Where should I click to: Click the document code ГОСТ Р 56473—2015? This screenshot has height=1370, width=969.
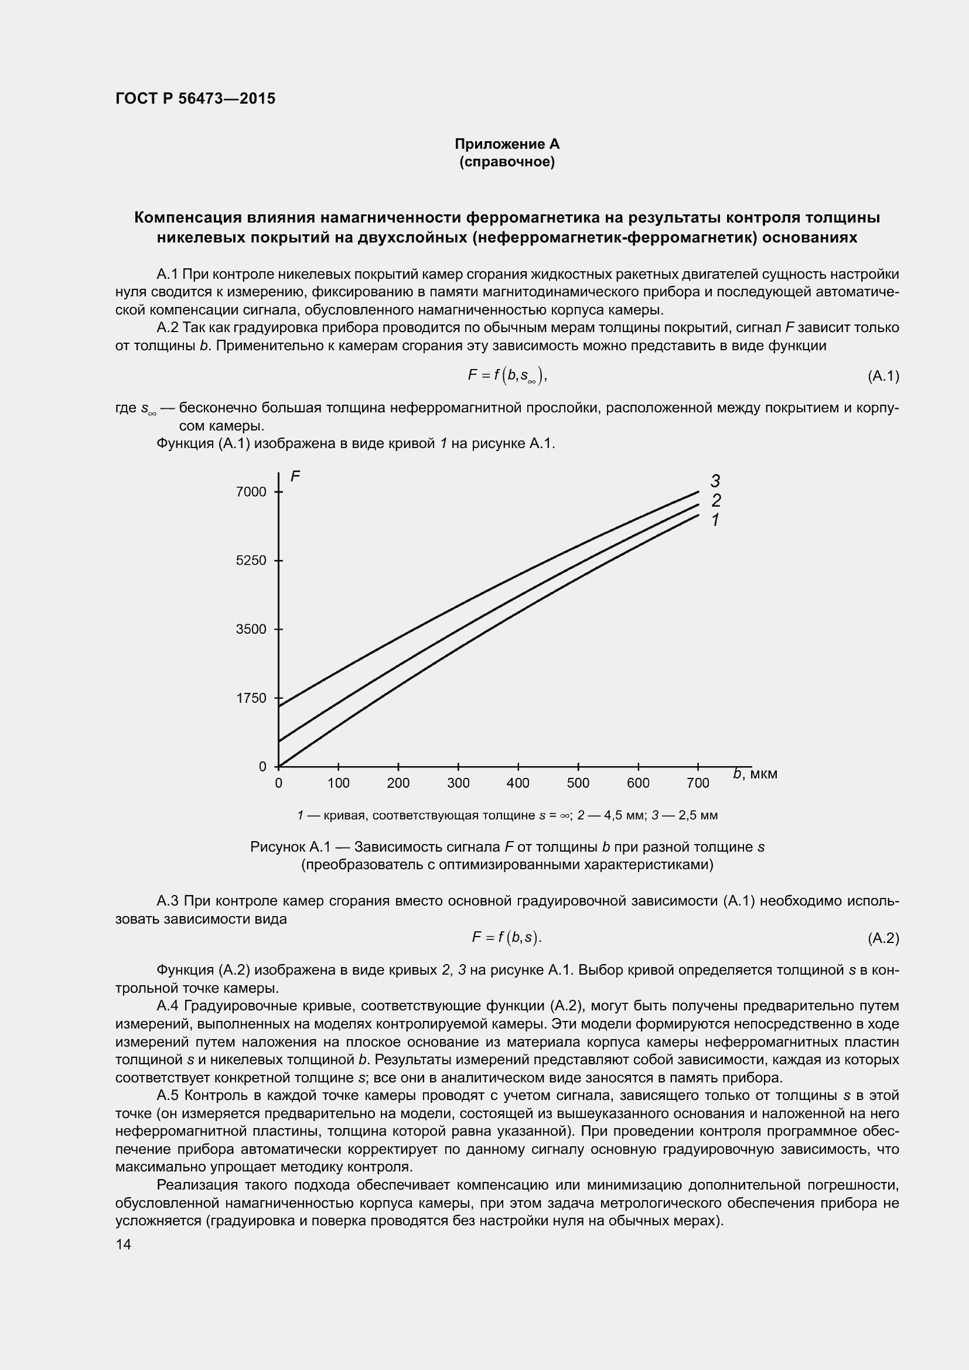tap(195, 98)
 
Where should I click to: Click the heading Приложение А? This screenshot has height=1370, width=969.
tap(507, 144)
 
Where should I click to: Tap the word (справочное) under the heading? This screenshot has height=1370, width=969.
tap(507, 162)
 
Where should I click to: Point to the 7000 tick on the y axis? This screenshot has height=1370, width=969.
tap(251, 491)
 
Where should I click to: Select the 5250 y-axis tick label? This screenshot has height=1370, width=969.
tap(251, 561)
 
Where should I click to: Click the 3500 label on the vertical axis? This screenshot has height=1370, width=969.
tap(251, 629)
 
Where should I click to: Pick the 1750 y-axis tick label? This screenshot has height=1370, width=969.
tap(251, 698)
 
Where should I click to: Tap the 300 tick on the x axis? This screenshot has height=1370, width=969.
tap(458, 784)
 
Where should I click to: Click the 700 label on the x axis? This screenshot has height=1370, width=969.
tap(698, 784)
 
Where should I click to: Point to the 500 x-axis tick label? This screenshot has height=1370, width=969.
tap(578, 784)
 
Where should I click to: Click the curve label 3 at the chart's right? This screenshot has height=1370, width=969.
tap(715, 480)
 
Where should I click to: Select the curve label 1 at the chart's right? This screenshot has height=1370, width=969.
tap(715, 520)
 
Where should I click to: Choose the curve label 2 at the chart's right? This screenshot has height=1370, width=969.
tap(716, 500)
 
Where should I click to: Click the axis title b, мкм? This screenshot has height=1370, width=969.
tap(755, 774)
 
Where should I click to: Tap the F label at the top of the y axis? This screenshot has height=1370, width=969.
tap(295, 476)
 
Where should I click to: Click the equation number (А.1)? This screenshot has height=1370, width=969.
tap(883, 376)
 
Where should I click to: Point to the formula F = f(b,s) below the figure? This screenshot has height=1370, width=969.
tap(506, 937)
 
